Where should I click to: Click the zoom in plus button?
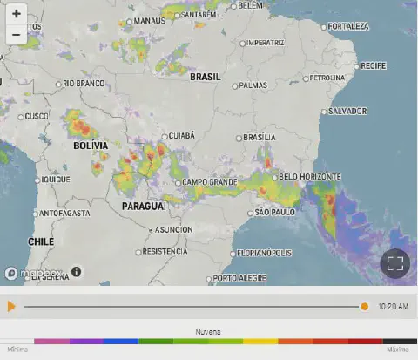(17, 15)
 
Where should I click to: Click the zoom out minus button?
(17, 36)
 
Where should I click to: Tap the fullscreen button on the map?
(394, 263)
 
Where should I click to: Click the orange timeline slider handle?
(364, 307)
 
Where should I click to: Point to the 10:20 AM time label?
(394, 307)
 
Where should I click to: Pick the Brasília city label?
(259, 138)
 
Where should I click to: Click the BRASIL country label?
(206, 77)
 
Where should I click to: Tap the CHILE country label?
(41, 241)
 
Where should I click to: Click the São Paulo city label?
(273, 213)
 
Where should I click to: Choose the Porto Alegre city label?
(239, 278)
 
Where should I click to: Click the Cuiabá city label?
(180, 136)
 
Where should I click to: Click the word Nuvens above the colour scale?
(207, 332)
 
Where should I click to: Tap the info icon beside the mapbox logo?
(76, 272)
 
